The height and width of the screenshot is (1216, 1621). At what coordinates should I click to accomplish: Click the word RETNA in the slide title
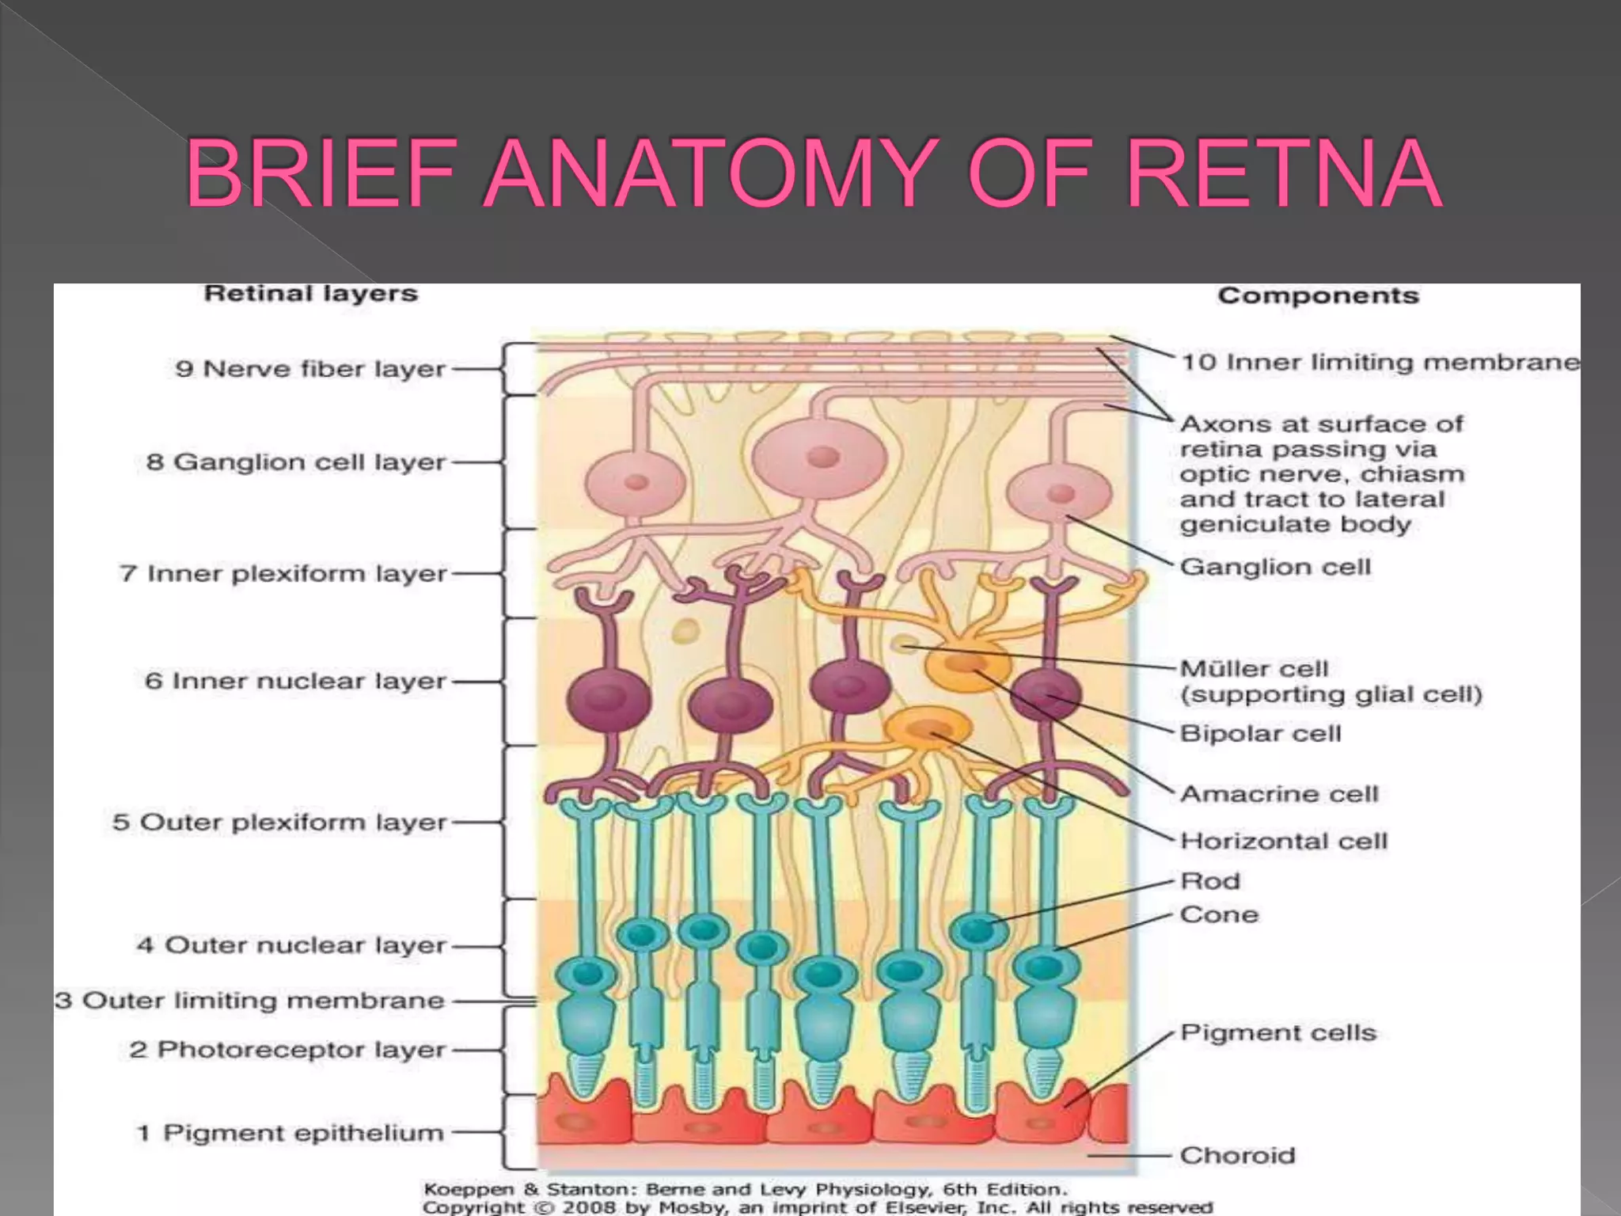coord(1282,174)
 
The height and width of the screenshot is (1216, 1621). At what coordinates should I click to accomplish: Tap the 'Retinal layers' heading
coord(310,294)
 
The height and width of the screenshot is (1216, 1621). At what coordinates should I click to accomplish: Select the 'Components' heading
coord(1318,296)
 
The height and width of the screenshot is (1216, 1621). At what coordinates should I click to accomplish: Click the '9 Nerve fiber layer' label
coord(310,369)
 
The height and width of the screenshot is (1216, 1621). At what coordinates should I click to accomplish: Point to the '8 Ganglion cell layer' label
coord(296,462)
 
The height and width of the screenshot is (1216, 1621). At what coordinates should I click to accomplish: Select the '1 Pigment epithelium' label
coord(290,1133)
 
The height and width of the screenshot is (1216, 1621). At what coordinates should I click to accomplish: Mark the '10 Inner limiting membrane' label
coord(1380,363)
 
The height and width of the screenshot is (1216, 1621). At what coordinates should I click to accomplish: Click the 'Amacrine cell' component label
coord(1279,794)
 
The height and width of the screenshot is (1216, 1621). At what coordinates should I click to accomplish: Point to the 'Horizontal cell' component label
coord(1284,841)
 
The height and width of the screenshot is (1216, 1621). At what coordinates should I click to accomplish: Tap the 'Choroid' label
coord(1237,1156)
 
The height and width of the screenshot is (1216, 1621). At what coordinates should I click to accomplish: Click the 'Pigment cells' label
coord(1278,1033)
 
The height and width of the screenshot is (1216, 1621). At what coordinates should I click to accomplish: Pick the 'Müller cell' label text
coord(1254,669)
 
